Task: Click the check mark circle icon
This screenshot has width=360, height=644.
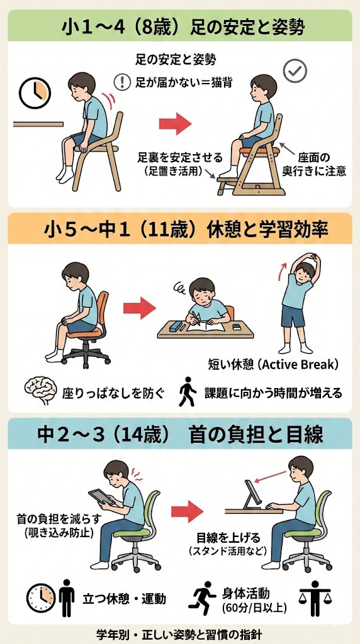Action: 295,72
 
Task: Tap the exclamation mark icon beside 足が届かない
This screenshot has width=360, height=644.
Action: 121,82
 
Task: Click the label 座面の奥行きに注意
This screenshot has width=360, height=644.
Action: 314,165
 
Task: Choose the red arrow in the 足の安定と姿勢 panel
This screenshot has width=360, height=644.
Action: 176,125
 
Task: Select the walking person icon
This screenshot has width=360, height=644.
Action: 187,391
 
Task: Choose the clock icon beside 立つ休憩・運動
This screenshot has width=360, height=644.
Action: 40,597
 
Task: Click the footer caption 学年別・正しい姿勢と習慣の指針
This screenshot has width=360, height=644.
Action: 179,633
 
